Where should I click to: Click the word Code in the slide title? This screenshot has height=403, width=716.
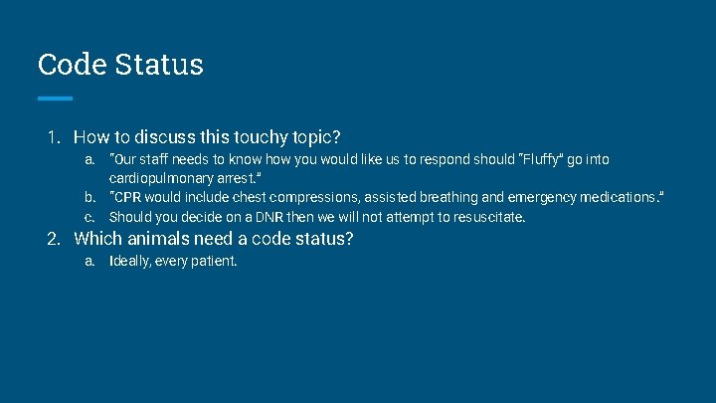click(x=73, y=65)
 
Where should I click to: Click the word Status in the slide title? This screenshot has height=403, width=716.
click(x=159, y=65)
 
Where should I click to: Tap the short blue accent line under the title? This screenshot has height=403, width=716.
click(x=55, y=99)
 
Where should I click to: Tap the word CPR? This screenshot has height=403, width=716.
click(x=128, y=197)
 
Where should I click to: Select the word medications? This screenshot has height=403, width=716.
click(x=615, y=197)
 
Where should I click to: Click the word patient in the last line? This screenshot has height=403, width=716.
click(x=216, y=263)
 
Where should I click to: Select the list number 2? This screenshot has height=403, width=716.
click(x=53, y=239)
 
